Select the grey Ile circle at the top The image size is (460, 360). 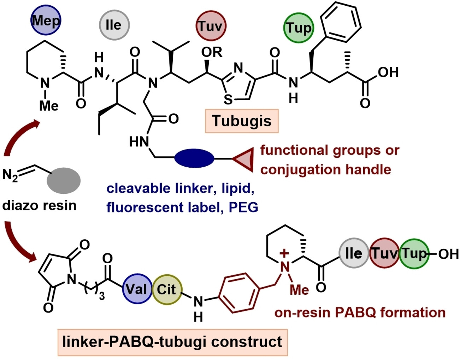pyautogui.click(x=114, y=25)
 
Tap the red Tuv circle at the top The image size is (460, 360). pyautogui.click(x=211, y=26)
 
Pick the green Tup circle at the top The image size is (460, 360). pyautogui.click(x=299, y=28)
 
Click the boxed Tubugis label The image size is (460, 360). pyautogui.click(x=242, y=121)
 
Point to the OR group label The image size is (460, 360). pyautogui.click(x=212, y=52)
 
